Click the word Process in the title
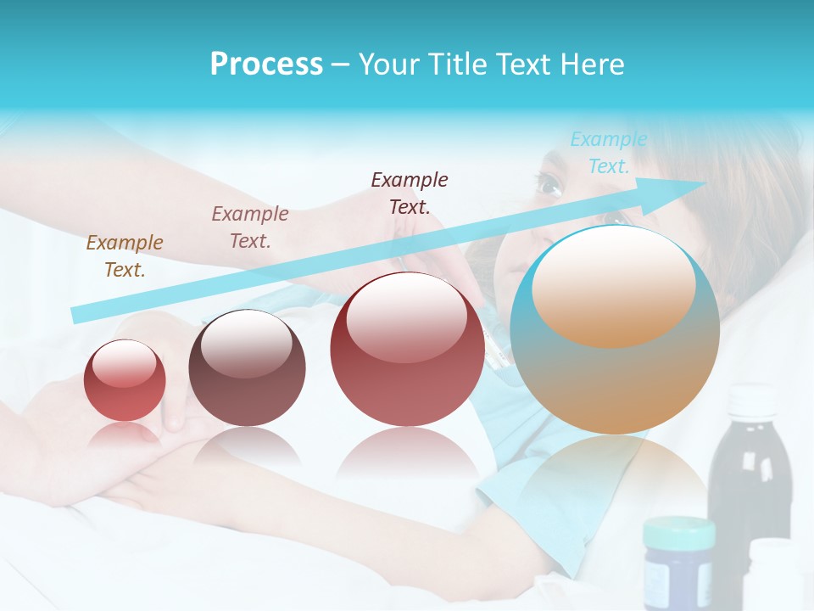266,64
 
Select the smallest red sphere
125,380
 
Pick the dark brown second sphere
247,368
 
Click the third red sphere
408,350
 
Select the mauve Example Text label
249,227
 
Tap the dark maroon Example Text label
410,193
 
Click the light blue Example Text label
608,153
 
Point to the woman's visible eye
548,182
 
